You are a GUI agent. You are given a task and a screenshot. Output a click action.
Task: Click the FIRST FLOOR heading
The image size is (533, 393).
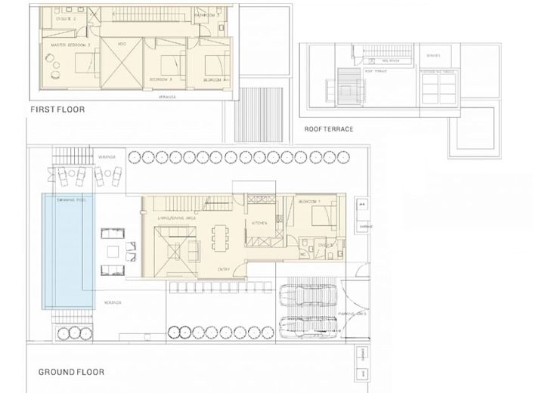click(x=57, y=110)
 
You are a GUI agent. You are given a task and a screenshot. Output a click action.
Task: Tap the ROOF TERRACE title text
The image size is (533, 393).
click(x=328, y=129)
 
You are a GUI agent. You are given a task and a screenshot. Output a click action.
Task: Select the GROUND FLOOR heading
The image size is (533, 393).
click(x=71, y=372)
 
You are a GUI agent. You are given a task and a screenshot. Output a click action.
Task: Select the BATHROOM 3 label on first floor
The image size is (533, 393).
click(x=206, y=14)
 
